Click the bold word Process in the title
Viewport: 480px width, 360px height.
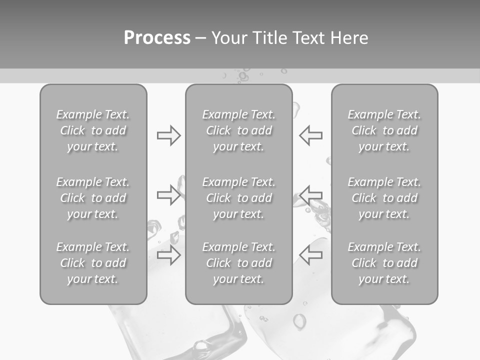coord(157,38)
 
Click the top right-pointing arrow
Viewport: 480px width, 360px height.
coord(168,135)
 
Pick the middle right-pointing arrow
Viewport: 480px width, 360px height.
coord(168,195)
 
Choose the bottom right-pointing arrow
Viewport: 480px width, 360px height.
coord(168,255)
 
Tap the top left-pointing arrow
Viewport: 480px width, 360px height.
coord(310,135)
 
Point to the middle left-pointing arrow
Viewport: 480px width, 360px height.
coord(310,195)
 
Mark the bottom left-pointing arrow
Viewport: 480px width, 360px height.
coord(310,255)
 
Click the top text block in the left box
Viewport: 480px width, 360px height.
coord(93,130)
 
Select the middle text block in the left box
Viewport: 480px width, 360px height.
coord(93,198)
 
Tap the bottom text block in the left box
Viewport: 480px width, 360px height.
coord(93,263)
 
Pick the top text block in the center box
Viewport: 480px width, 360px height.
coord(238,130)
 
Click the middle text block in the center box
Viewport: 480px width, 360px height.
coord(238,198)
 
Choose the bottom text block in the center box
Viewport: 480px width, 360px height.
coord(238,263)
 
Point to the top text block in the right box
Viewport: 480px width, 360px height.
coord(384,130)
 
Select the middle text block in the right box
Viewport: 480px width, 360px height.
coord(384,198)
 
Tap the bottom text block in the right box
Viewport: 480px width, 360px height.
coord(384,263)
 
